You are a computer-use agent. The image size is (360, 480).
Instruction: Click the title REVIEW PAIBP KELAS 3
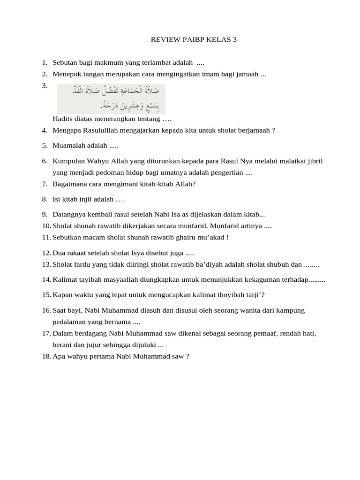click(194, 40)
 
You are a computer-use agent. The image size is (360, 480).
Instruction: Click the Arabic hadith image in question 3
click(111, 99)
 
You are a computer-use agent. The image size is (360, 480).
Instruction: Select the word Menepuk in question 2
click(66, 74)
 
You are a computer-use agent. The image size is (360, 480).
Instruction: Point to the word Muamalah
click(68, 146)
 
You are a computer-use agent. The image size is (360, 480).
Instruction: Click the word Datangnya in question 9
click(69, 215)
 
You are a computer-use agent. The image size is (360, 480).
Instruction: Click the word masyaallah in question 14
click(111, 280)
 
